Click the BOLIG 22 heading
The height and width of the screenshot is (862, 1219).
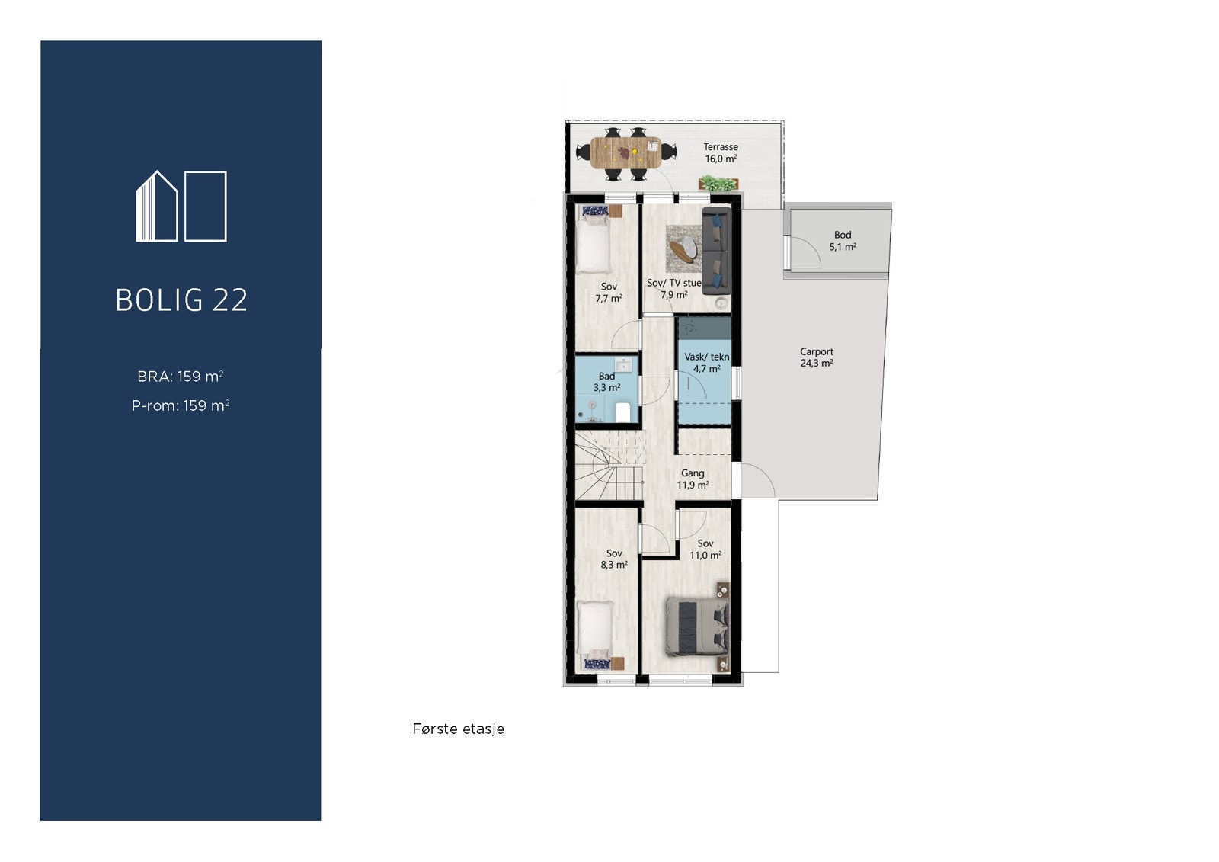[x=181, y=300]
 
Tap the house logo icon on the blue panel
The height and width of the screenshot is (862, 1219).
[x=181, y=207]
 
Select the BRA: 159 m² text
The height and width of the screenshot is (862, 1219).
[x=181, y=377]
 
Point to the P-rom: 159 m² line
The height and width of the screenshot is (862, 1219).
[x=181, y=405]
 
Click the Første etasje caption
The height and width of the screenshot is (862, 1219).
[x=458, y=729]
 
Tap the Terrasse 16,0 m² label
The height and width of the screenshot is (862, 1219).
[x=720, y=153]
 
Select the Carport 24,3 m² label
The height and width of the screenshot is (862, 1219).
[x=816, y=357]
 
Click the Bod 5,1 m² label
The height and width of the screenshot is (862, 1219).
[x=842, y=241]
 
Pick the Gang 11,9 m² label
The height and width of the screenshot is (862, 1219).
[x=693, y=479]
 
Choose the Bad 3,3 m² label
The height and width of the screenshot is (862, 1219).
[x=606, y=382]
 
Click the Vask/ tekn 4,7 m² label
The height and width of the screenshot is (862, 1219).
[x=706, y=363]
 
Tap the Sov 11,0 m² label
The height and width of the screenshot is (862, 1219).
[x=705, y=550]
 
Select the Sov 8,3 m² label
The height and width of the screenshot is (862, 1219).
[x=613, y=559]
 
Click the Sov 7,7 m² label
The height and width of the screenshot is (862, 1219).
[x=608, y=293]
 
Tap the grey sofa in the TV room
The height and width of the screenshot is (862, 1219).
[x=716, y=252]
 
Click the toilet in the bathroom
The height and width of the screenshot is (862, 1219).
[x=622, y=412]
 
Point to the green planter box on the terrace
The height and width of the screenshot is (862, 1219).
[x=718, y=183]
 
